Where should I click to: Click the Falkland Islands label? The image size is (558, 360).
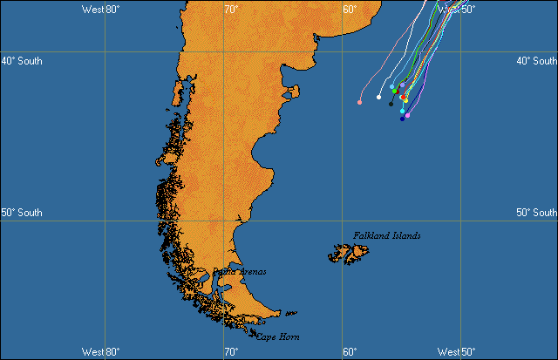click(387, 235)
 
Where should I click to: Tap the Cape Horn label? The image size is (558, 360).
click(280, 336)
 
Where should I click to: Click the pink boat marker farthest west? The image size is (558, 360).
click(359, 103)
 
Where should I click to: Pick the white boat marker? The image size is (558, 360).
click(378, 98)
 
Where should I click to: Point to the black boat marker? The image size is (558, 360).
click(391, 104)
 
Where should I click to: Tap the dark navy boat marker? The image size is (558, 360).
click(402, 119)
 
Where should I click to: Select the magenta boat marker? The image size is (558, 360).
click(407, 116)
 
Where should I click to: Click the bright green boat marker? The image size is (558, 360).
click(394, 91)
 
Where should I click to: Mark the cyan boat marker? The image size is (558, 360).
click(402, 112)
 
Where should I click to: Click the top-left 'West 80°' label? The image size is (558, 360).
click(100, 9)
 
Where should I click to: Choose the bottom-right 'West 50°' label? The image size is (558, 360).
click(456, 351)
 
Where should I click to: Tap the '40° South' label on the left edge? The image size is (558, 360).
click(21, 61)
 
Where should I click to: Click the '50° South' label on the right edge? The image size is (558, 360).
click(536, 213)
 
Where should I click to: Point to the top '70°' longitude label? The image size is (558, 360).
click(231, 9)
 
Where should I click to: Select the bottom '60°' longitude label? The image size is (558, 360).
click(349, 351)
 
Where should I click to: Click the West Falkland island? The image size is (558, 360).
click(338, 255)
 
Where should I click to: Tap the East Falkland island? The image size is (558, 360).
click(358, 254)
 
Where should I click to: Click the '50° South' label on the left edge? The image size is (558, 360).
click(21, 213)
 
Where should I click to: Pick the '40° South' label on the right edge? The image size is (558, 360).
click(536, 61)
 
